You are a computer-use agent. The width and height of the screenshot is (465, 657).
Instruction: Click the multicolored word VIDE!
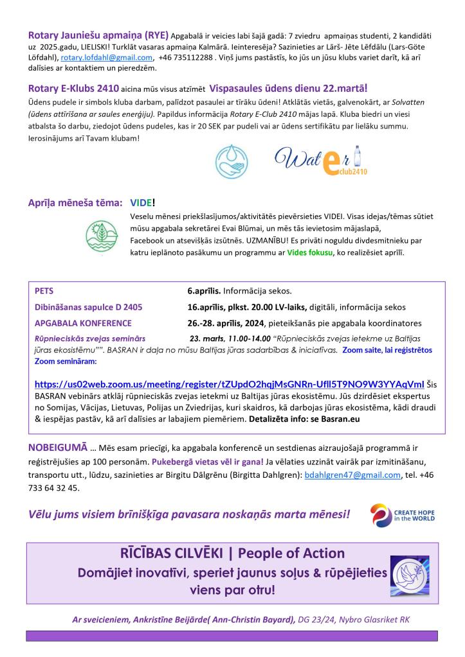143,203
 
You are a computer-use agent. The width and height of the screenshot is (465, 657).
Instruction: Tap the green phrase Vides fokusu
311,252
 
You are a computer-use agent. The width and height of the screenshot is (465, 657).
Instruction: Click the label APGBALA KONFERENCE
83,323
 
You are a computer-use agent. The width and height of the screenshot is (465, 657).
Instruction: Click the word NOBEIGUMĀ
58,446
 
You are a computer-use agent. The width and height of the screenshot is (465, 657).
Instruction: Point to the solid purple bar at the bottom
232,635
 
